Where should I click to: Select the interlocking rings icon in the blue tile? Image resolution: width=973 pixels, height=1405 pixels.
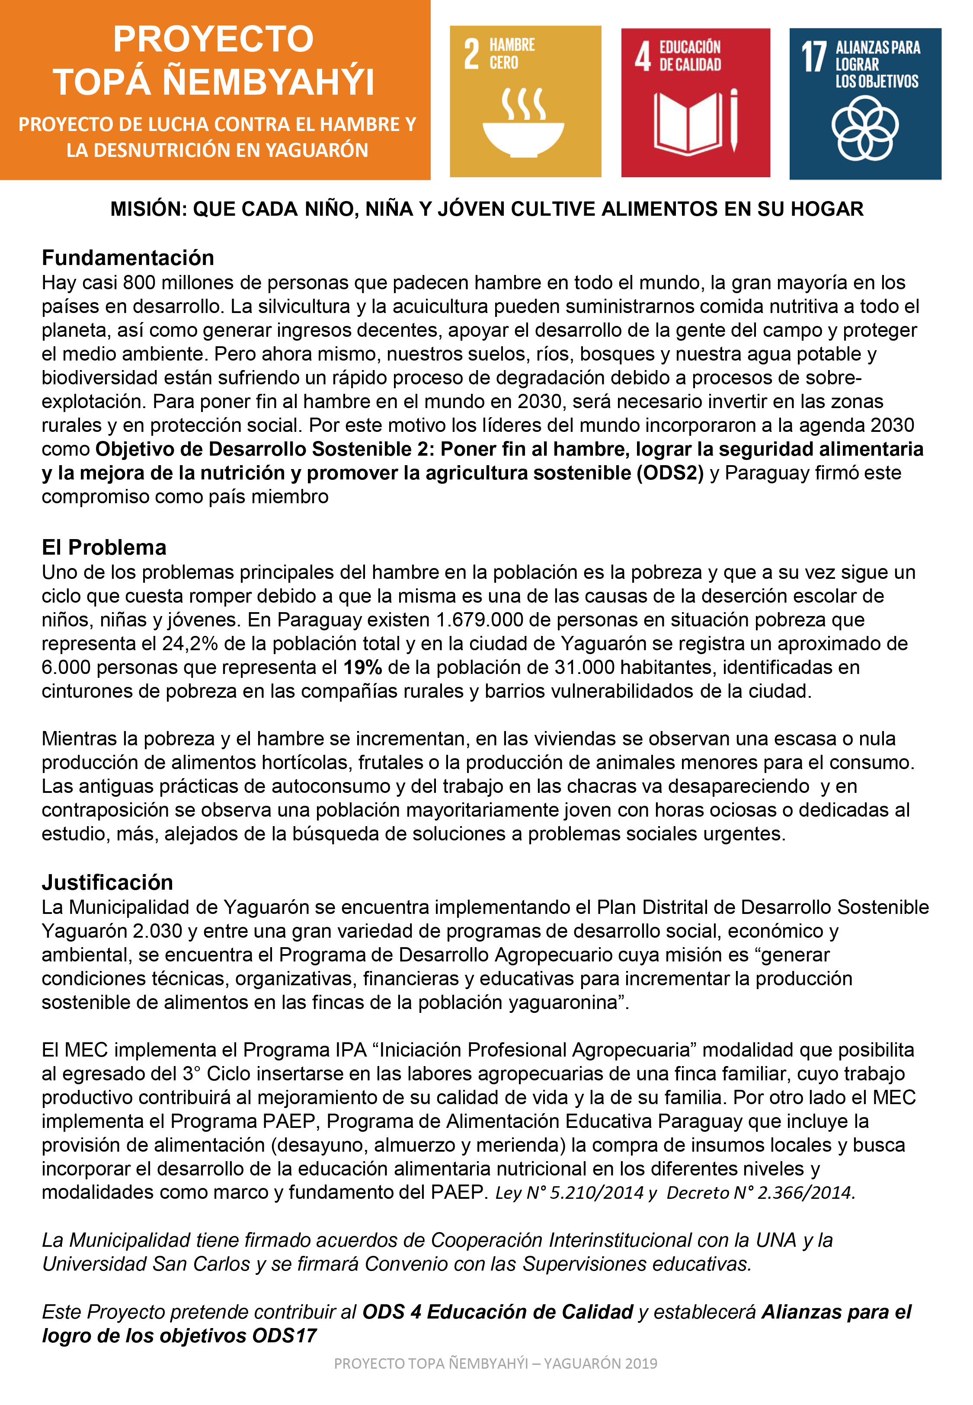(x=864, y=128)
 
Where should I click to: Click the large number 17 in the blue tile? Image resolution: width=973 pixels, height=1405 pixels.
(x=813, y=58)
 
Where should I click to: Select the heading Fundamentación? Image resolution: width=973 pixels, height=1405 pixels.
(x=128, y=258)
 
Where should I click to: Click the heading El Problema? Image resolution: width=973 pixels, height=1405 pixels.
(x=104, y=547)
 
